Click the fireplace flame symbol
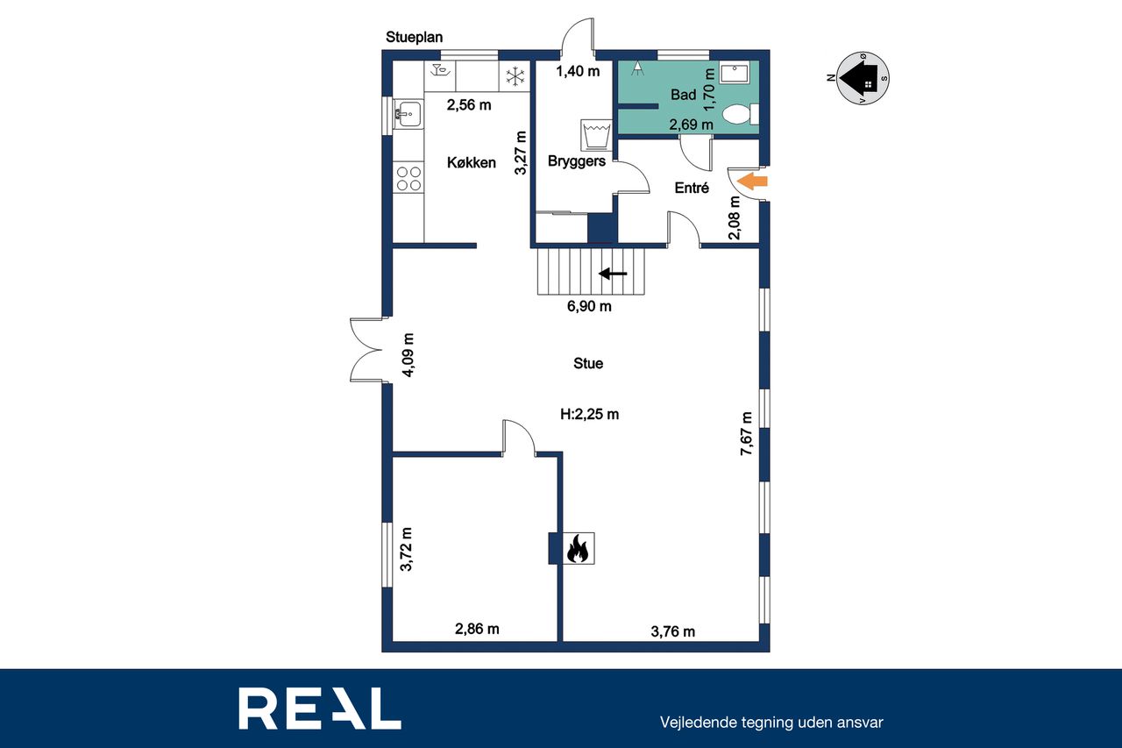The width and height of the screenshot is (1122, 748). [578, 548]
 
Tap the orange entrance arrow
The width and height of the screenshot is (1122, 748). [753, 181]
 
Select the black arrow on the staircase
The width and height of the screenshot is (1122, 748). [613, 274]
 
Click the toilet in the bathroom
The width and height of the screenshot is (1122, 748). [742, 114]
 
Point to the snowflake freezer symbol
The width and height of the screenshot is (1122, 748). [515, 76]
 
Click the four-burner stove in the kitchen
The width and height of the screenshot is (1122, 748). [408, 179]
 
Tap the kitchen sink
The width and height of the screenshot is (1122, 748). [408, 114]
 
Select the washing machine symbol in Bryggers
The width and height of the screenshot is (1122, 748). [596, 135]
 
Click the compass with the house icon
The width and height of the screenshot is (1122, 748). [863, 78]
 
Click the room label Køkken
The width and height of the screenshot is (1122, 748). [472, 162]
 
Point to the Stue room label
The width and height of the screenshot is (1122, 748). [588, 363]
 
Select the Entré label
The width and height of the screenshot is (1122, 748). [692, 188]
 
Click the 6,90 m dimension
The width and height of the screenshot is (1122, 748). [589, 306]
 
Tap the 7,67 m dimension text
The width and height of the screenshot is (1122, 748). [746, 433]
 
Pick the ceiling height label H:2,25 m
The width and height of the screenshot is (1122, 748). [590, 414]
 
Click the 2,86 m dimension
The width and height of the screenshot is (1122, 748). [477, 629]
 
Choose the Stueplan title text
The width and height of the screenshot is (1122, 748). [415, 37]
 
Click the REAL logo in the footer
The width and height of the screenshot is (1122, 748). [320, 708]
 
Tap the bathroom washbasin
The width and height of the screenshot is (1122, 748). [735, 73]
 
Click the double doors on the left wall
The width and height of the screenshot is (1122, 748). [366, 350]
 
